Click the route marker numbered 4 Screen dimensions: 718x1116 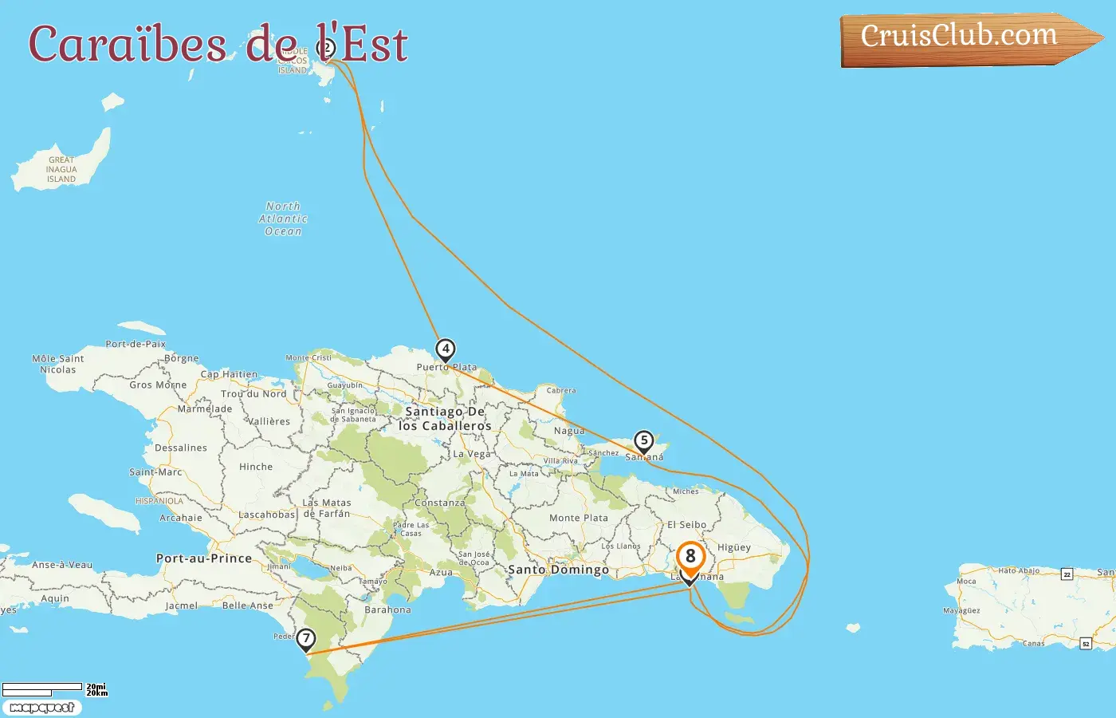446,349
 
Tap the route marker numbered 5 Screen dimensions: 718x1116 643,441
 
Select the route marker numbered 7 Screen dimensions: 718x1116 305,639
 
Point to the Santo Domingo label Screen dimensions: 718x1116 558,570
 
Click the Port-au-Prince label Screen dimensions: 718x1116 204,558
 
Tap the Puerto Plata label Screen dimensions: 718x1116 446,368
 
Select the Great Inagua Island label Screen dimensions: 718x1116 61,169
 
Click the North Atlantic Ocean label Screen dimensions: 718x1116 283,219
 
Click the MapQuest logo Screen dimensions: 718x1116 42,708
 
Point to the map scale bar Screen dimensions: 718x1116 43,688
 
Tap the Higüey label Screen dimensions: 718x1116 734,547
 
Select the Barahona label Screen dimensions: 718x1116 387,610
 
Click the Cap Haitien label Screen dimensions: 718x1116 229,374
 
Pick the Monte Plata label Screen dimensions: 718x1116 579,518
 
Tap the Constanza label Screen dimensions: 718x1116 439,503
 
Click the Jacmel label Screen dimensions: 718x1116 182,606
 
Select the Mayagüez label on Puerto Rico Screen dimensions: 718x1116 961,611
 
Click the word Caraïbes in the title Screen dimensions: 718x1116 128,45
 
